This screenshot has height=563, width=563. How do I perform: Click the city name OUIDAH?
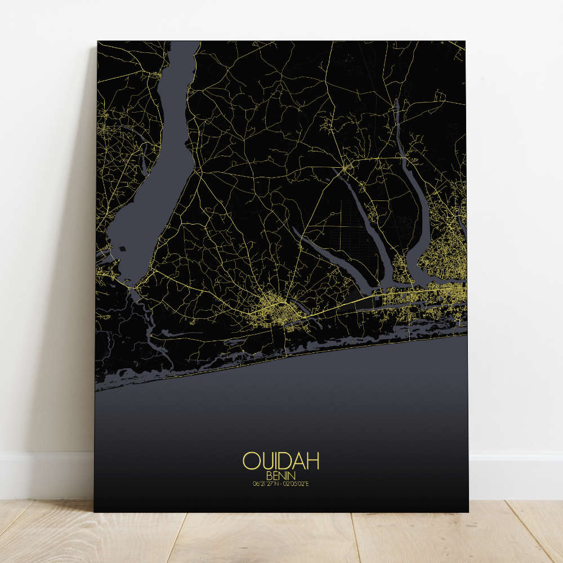click(281, 461)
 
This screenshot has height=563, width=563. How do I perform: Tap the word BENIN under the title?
click(281, 475)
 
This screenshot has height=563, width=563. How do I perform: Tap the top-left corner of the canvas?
click(98, 42)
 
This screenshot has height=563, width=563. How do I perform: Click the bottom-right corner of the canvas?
click(467, 511)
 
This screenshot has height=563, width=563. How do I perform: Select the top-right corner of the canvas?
click(466, 42)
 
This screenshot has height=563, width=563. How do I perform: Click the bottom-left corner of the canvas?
click(95, 511)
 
